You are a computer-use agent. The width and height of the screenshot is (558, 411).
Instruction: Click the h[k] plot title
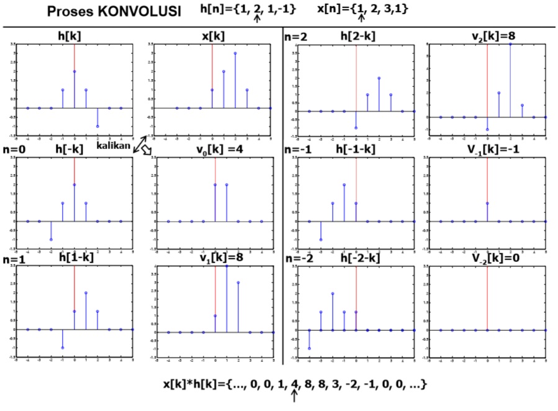(69, 36)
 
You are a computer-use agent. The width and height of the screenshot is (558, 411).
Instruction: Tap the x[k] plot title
(213, 36)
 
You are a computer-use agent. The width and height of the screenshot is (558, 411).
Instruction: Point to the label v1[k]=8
(217, 258)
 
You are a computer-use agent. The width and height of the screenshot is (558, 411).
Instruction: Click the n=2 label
(297, 37)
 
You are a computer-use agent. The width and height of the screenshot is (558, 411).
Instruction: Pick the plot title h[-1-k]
(356, 150)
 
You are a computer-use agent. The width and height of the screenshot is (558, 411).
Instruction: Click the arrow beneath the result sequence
(295, 397)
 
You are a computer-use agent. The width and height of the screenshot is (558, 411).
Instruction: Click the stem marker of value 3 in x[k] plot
(235, 53)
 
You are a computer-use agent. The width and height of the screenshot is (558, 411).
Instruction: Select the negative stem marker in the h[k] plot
(97, 126)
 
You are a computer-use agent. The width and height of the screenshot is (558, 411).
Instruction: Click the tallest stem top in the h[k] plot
(74, 71)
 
